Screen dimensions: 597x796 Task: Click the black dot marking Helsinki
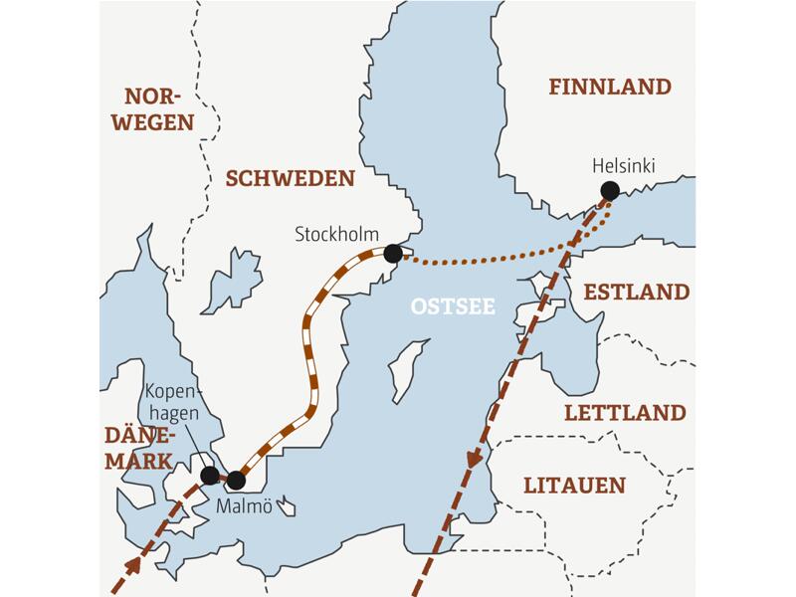(x=610, y=190)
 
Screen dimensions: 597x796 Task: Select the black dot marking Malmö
(x=236, y=481)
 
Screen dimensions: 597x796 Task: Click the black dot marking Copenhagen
(x=210, y=475)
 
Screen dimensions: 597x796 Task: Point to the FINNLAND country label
(x=610, y=88)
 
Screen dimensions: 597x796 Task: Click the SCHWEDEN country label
(x=290, y=178)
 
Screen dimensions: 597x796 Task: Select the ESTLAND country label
(x=636, y=293)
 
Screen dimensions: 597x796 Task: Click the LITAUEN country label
(x=574, y=486)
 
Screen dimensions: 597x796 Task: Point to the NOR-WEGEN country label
(x=156, y=108)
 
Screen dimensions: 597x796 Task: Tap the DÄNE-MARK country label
(x=139, y=449)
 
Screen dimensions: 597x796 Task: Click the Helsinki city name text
(x=623, y=165)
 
